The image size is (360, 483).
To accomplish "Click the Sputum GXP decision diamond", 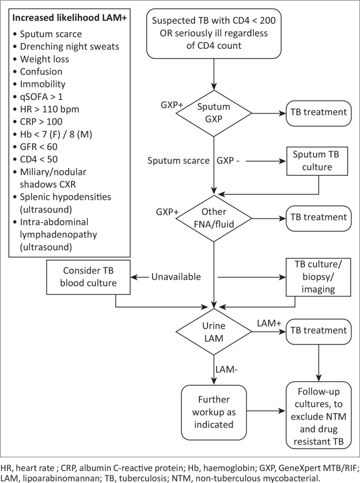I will (214, 113).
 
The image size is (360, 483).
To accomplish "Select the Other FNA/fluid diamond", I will (214, 217).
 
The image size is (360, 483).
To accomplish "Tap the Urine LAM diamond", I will (214, 329).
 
